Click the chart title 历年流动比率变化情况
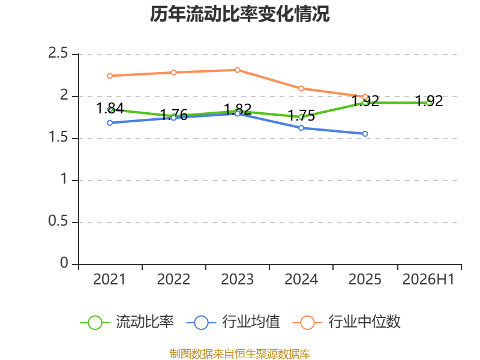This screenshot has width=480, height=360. (x=239, y=14)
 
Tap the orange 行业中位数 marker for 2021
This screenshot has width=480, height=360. (x=110, y=76)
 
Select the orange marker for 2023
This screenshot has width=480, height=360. (x=238, y=70)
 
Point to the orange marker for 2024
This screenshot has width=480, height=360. (x=301, y=88)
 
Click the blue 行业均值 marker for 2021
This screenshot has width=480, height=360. (x=110, y=123)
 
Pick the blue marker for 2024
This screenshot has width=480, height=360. (x=301, y=128)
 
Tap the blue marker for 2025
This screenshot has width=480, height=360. (x=365, y=134)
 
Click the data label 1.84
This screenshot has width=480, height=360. (x=110, y=108)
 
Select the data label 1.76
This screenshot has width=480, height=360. (x=173, y=115)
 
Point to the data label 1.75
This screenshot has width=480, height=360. (x=301, y=115)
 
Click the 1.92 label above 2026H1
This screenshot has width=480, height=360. (x=429, y=101)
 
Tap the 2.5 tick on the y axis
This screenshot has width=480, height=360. (x=58, y=53)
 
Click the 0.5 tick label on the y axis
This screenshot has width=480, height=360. (x=58, y=221)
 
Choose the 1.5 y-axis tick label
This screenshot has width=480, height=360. (x=58, y=137)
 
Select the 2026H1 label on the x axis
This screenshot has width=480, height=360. (x=428, y=279)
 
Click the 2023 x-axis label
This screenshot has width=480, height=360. (x=237, y=279)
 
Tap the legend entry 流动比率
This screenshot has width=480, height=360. (x=127, y=322)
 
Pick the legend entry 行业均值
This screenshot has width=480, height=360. (x=233, y=322)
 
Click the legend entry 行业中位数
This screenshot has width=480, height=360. (x=347, y=322)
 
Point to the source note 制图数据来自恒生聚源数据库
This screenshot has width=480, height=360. (x=239, y=354)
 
